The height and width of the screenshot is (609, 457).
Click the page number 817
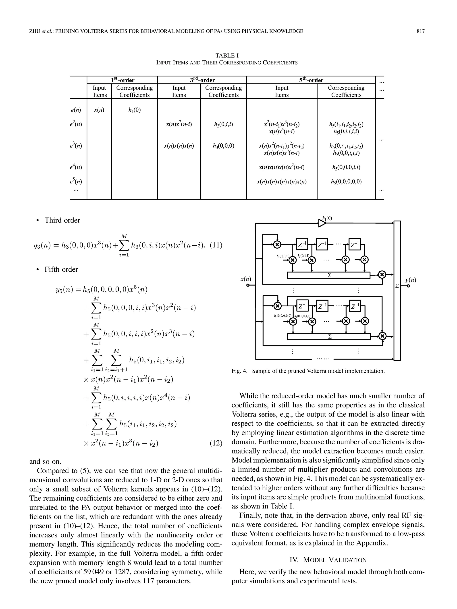click(420, 31)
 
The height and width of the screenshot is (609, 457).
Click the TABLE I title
click(227, 55)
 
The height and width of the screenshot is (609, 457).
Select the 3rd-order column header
click(202, 80)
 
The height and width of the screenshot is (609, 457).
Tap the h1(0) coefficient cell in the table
click(134, 110)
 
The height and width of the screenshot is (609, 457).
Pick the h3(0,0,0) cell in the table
click(223, 146)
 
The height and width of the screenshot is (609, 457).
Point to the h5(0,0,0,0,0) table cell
click(346, 182)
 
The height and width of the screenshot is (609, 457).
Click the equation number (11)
click(216, 245)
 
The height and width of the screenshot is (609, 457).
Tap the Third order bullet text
click(62, 220)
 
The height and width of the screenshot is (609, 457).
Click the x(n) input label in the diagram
click(246, 279)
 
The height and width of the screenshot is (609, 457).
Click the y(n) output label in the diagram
click(410, 280)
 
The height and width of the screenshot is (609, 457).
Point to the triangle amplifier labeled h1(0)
click(322, 223)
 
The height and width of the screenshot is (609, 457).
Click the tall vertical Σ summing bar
click(397, 291)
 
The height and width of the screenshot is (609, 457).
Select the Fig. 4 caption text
click(308, 371)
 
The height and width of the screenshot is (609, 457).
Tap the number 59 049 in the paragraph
click(93, 572)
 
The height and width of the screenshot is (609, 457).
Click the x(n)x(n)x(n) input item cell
click(179, 146)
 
